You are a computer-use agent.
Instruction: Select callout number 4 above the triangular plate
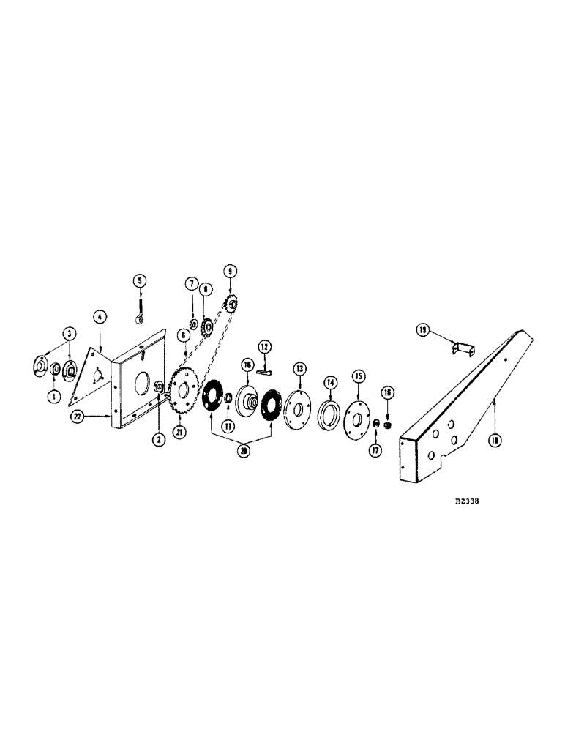(100, 316)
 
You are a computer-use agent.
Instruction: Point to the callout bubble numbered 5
(138, 280)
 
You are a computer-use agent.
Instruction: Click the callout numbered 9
(231, 270)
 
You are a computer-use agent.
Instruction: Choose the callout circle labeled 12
(264, 345)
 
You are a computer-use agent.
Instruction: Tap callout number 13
(300, 367)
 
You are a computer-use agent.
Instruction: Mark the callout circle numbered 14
(331, 381)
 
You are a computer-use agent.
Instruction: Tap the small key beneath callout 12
(264, 370)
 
